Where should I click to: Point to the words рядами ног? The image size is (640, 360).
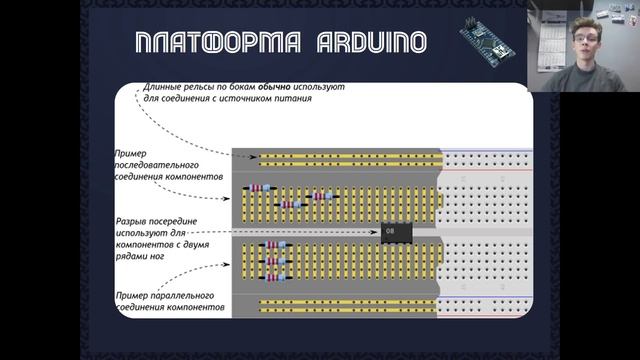click(x=139, y=256)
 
